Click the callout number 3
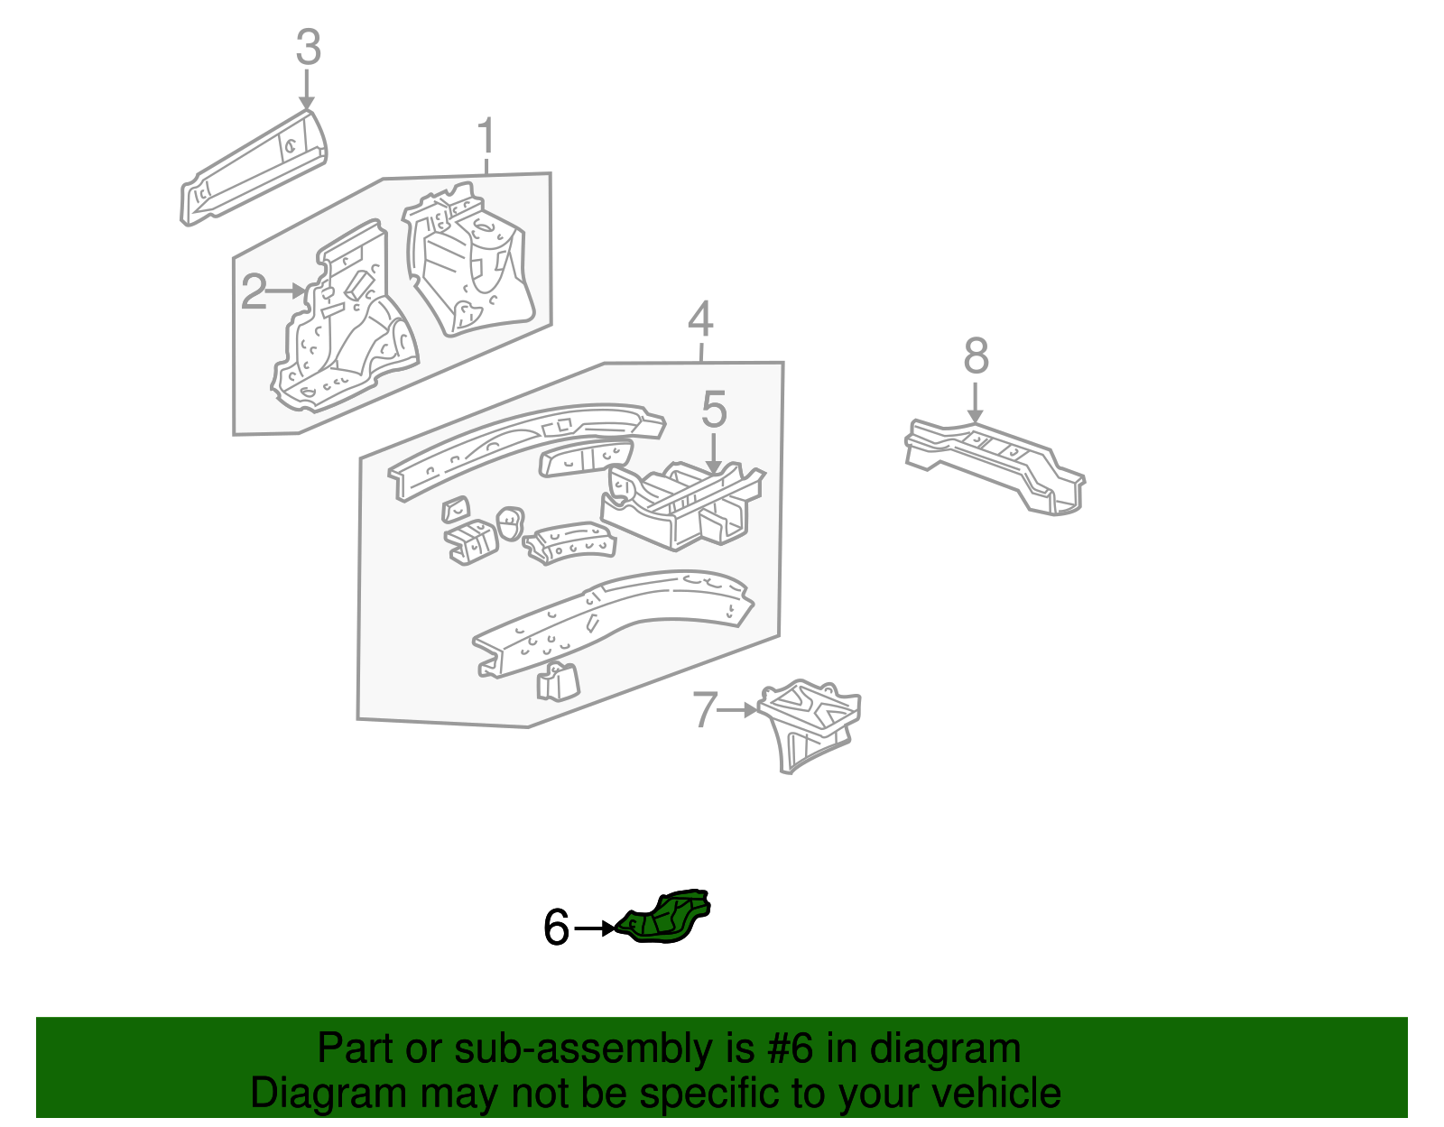[308, 47]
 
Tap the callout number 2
[254, 291]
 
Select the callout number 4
[700, 319]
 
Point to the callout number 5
[713, 410]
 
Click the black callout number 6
[556, 928]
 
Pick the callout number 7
[705, 710]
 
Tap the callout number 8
[976, 356]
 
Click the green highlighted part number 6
[668, 918]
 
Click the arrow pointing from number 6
[596, 928]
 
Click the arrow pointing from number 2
[288, 291]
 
